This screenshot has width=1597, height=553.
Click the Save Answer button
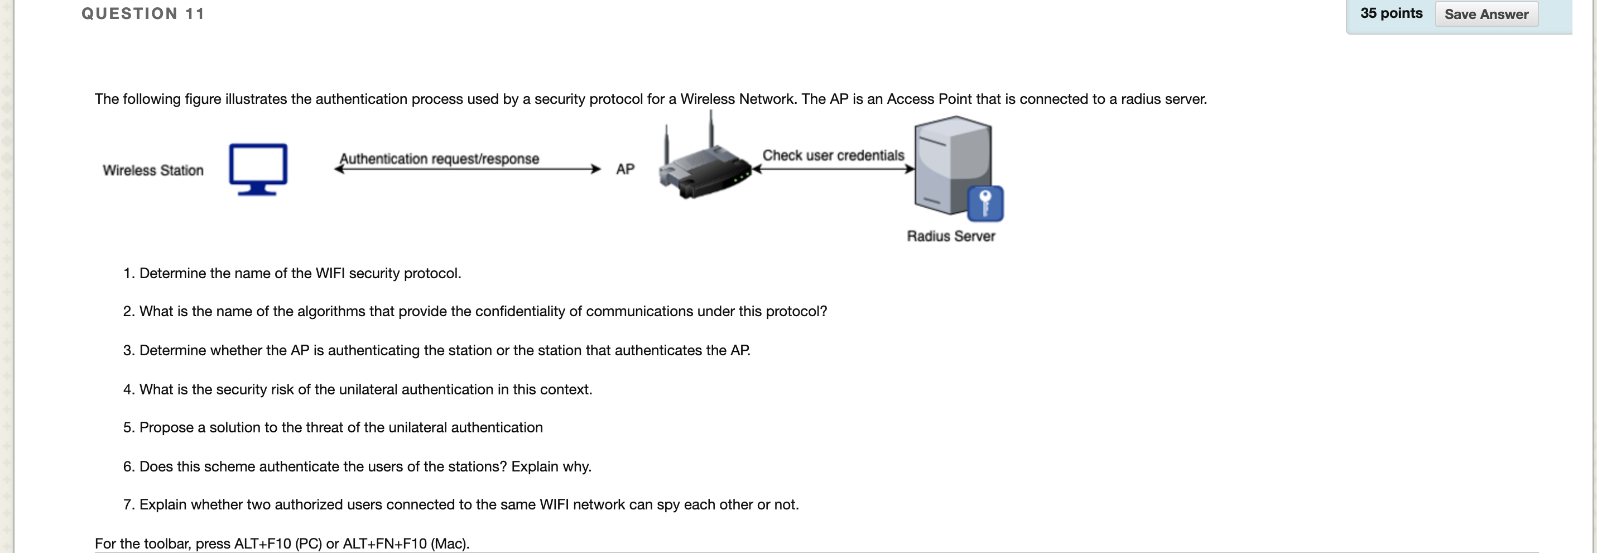click(x=1486, y=15)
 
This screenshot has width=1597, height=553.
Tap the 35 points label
click(x=1391, y=13)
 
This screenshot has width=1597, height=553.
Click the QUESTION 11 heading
click(x=143, y=13)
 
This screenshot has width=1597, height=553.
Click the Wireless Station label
click(x=153, y=170)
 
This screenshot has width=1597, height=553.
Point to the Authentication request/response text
click(x=439, y=158)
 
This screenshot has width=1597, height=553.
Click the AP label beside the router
click(x=625, y=169)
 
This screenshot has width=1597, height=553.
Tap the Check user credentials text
click(x=833, y=155)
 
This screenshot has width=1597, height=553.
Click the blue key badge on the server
click(x=985, y=203)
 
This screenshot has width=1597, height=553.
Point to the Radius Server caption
click(x=950, y=236)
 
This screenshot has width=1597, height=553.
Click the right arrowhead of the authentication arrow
click(x=596, y=169)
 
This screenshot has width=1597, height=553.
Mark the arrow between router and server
click(x=833, y=169)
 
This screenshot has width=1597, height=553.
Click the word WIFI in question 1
click(x=330, y=273)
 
